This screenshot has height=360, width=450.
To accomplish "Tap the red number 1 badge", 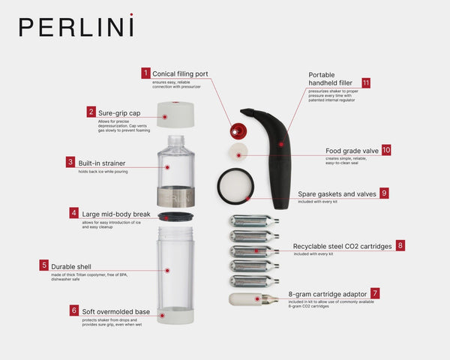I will (x=145, y=73).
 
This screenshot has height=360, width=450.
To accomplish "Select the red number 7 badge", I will (x=375, y=293).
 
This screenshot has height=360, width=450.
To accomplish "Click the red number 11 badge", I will (x=366, y=82).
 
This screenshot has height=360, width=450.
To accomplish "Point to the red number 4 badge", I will (x=74, y=213).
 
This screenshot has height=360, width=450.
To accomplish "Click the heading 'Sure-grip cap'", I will (x=121, y=112).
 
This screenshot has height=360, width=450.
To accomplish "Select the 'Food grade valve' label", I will (x=352, y=150).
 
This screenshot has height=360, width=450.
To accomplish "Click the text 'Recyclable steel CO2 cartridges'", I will (x=342, y=245).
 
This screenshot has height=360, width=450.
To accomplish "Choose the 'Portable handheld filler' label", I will (x=331, y=79).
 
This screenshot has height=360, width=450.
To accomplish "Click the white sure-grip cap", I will (x=175, y=114).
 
